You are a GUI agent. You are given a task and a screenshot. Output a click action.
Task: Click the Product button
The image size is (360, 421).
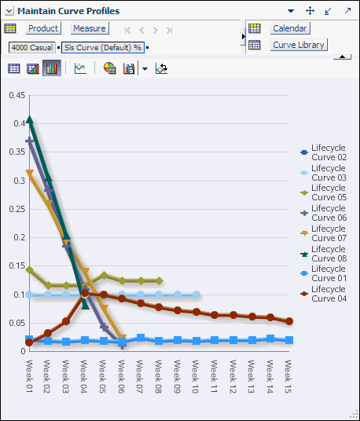(x=43, y=28)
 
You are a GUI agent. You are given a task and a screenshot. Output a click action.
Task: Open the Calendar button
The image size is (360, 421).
(x=289, y=28)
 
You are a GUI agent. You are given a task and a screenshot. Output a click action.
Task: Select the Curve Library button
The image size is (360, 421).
(x=298, y=45)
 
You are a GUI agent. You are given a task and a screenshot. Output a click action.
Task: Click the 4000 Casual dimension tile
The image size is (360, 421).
(x=31, y=47)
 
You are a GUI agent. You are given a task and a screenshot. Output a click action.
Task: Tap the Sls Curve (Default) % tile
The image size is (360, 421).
(x=103, y=47)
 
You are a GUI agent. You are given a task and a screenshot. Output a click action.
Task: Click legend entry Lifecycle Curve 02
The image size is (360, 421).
(x=328, y=152)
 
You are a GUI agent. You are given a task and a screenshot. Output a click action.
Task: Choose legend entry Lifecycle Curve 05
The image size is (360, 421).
(x=328, y=192)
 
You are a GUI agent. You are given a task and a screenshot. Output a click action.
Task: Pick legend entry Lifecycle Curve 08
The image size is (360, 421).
(x=328, y=254)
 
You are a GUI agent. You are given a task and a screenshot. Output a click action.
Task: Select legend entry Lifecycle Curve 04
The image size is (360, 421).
(x=328, y=294)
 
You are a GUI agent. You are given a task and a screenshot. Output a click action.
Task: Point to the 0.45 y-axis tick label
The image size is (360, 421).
(x=16, y=96)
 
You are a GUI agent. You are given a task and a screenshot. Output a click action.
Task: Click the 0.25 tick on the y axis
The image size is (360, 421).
(x=16, y=210)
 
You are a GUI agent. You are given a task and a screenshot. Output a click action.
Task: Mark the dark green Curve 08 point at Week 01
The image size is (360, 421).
(x=29, y=120)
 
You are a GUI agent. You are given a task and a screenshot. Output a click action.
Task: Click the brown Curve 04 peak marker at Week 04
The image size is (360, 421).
(x=85, y=293)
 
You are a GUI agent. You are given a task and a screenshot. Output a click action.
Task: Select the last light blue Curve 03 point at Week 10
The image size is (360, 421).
(x=196, y=295)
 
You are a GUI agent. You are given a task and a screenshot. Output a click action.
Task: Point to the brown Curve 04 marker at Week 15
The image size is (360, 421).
(x=289, y=321)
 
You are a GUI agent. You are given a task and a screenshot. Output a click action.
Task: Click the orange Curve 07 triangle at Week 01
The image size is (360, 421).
(x=29, y=173)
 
